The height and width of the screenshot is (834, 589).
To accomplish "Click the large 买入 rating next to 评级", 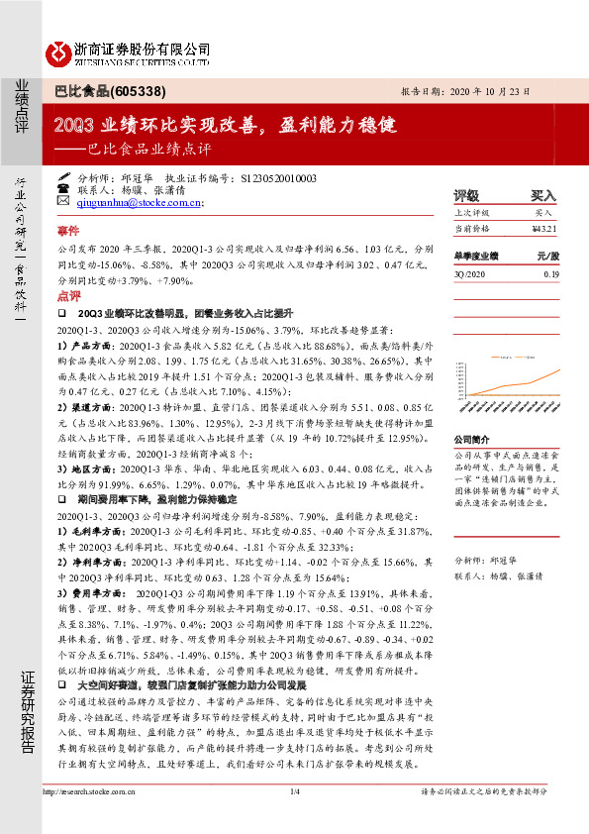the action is click(543, 196).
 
